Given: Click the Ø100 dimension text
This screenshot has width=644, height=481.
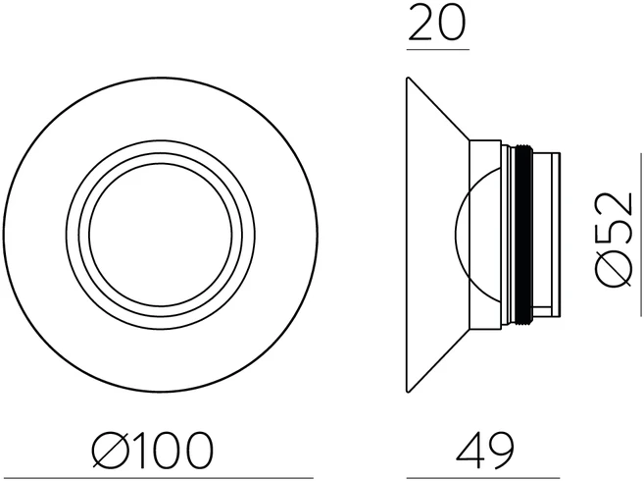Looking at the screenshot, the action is pos(153,450).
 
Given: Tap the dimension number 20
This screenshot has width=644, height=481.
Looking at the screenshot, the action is pos(438,23).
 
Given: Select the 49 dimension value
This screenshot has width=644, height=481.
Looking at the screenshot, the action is pos(485,451).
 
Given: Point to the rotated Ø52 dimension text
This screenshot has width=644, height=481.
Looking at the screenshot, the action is pos(614,239).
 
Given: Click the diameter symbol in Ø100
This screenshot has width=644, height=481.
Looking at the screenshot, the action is pos(110,450).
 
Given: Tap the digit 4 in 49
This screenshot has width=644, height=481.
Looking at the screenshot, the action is pos(470,451).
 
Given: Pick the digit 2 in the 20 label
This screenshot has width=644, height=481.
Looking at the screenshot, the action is pos(421,23).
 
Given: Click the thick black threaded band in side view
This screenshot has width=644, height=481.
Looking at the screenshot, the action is pos(523,235).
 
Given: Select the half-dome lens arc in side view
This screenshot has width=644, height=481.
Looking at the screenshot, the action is pos(456,235).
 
